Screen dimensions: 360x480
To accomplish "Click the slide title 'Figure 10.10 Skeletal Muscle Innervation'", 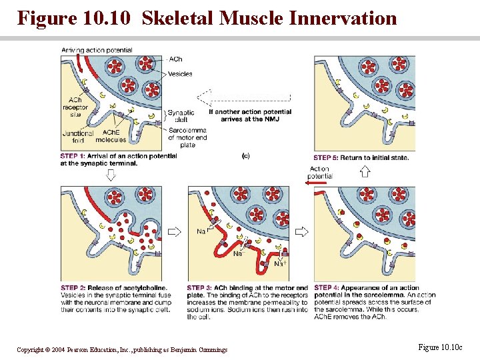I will pos(207,17).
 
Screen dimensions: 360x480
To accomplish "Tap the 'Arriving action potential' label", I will pos(97,50).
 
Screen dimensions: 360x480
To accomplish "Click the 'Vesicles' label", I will pos(181,74).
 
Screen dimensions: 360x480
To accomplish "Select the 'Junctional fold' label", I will pos(73,136).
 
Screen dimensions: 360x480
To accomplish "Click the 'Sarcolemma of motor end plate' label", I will pos(187,137).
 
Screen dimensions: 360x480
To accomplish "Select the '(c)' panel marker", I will pos(245,155).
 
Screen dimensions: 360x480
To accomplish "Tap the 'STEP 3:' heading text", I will pos(200,288).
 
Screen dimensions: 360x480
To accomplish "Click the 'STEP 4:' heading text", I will pos(327,288).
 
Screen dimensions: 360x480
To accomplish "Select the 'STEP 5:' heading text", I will pos(327,157).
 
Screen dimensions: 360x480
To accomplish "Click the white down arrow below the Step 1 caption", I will pos(111,174).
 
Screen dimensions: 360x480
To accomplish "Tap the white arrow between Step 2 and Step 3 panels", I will pos(175,232).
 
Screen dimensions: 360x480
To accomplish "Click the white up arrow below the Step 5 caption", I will pos(365,171).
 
